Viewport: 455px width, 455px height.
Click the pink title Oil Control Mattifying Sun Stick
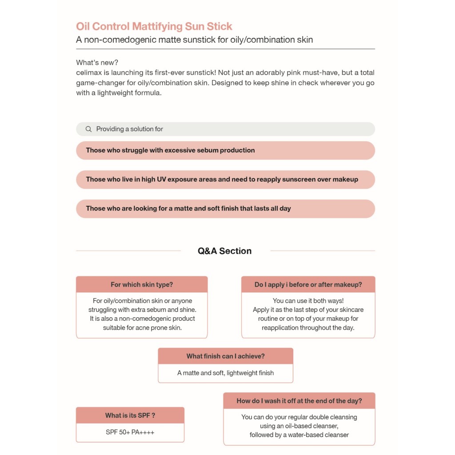(x=154, y=26)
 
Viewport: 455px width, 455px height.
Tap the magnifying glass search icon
(x=88, y=129)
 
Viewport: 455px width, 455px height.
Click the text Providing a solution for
(x=129, y=129)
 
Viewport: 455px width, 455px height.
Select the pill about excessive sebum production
(x=225, y=151)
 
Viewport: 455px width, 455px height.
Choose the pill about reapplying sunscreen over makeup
(x=225, y=180)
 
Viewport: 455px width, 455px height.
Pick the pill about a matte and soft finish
(x=225, y=209)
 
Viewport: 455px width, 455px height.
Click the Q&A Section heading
(x=224, y=251)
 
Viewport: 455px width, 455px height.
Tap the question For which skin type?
(x=142, y=285)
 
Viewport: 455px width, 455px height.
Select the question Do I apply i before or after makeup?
(x=308, y=285)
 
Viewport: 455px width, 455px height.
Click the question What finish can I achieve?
(x=225, y=356)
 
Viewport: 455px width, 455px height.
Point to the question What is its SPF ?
(x=130, y=415)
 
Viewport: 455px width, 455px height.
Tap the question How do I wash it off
(x=299, y=401)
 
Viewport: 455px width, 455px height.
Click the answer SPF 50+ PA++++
(x=130, y=432)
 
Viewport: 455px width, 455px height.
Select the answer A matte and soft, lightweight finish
(x=225, y=373)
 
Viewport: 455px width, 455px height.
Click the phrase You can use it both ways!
(x=308, y=301)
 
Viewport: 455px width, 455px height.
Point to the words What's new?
(x=97, y=63)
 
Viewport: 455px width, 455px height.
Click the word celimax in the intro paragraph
(x=89, y=72)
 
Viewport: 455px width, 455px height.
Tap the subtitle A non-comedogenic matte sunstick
(x=194, y=40)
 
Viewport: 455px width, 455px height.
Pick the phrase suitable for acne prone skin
(x=142, y=327)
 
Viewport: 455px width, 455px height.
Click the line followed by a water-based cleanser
(x=299, y=435)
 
